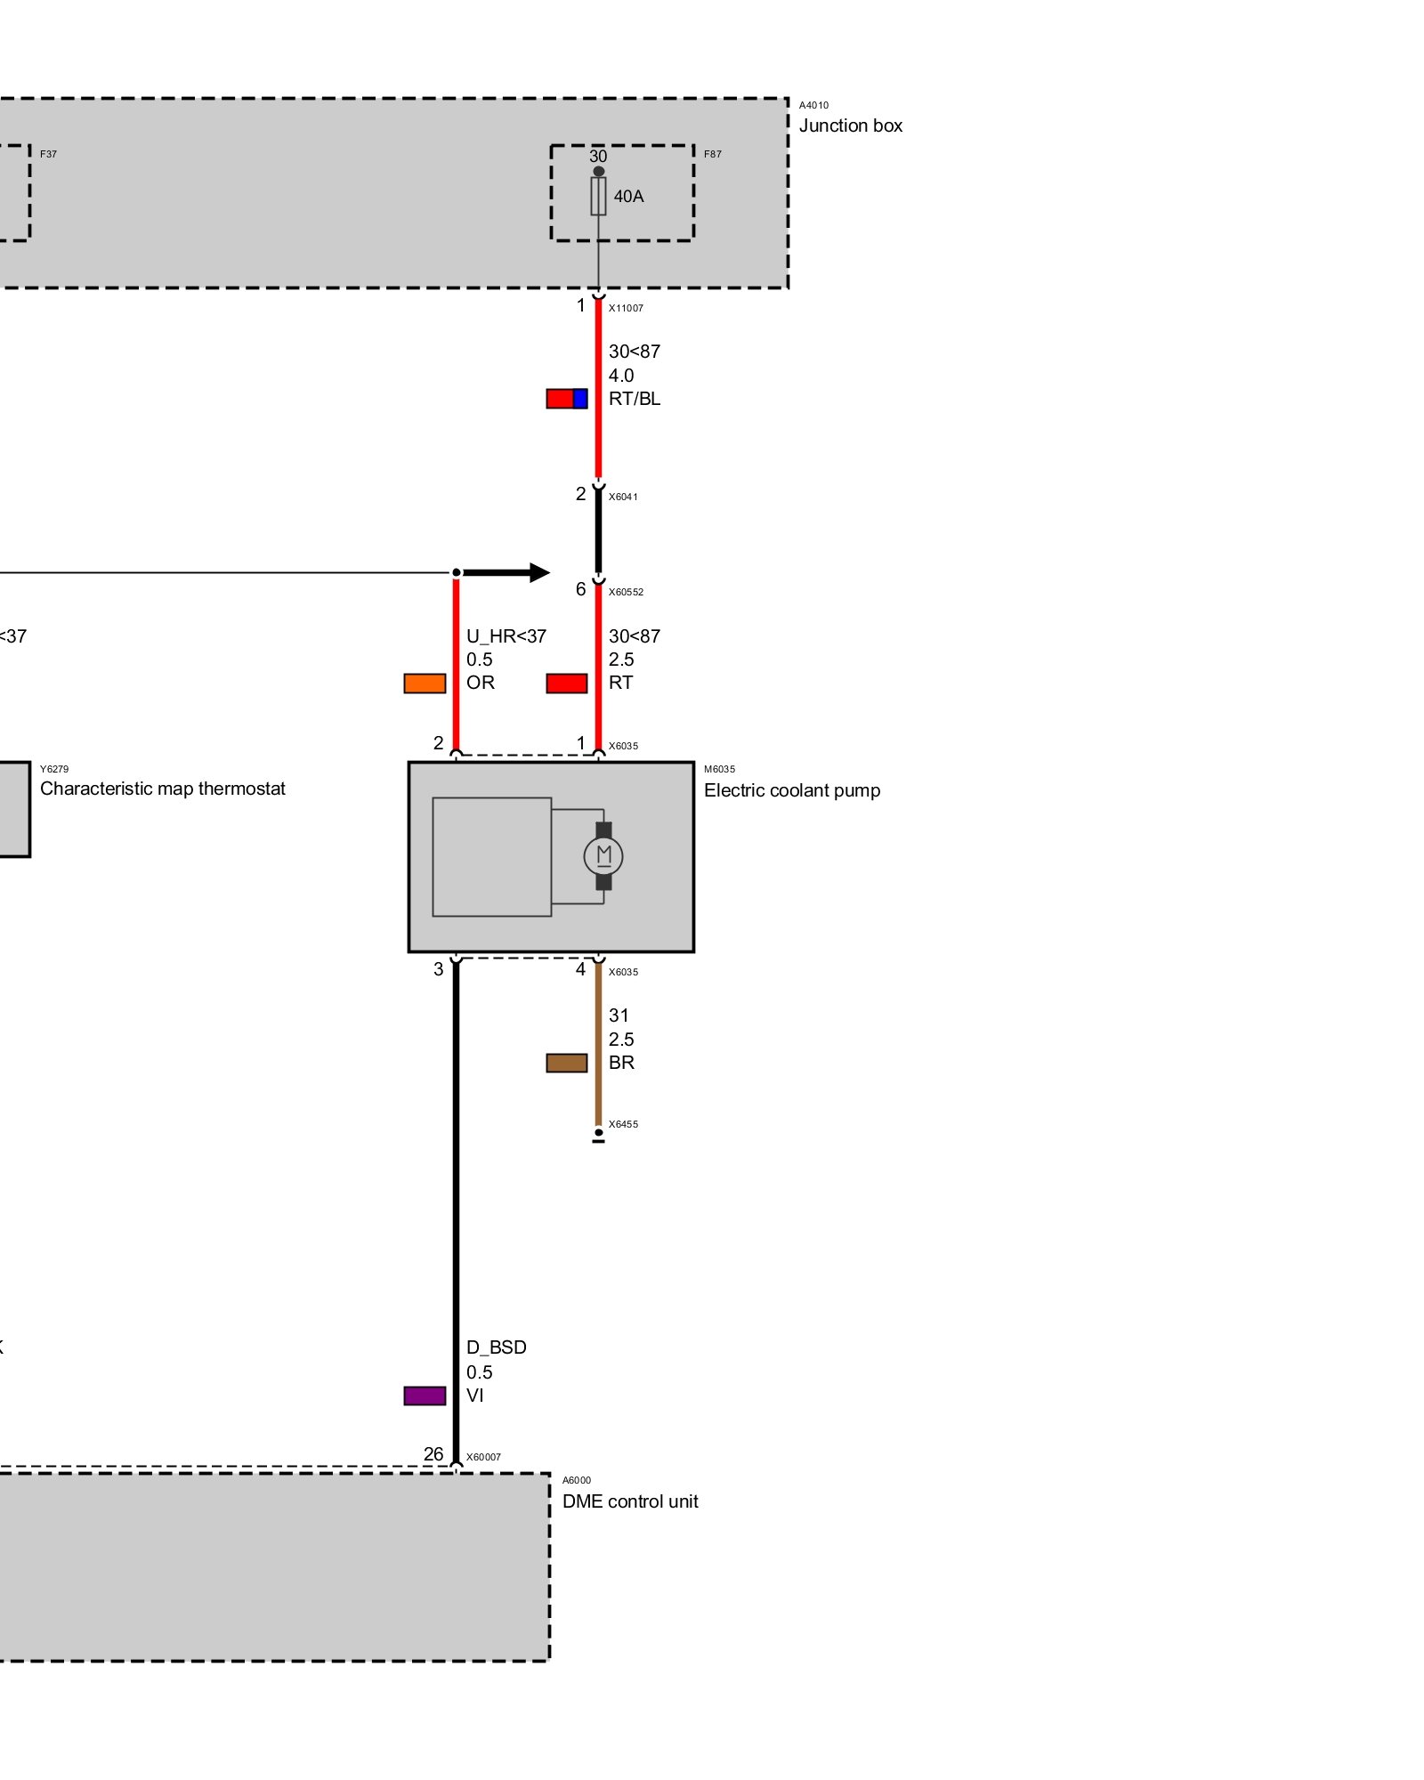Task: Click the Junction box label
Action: pos(850,125)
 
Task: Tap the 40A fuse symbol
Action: pos(598,196)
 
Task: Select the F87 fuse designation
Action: pos(712,154)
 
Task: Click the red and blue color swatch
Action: pos(567,399)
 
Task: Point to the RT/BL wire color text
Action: pos(634,399)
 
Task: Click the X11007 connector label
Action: pos(626,308)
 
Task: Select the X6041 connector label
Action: pos(623,497)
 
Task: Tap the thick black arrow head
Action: pos(538,572)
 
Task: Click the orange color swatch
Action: pos(425,683)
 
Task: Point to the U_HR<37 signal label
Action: pos(506,636)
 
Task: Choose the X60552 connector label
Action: pos(626,592)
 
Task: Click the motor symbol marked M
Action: pos(603,856)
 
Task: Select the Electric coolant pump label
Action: pos(791,790)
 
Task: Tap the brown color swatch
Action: pos(567,1063)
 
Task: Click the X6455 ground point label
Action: pos(623,1124)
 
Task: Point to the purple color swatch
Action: pos(425,1396)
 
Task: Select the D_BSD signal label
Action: pos(496,1347)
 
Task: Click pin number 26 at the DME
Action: pos(433,1454)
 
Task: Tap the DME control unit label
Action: pos(630,1501)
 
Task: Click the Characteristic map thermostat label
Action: pos(163,789)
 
